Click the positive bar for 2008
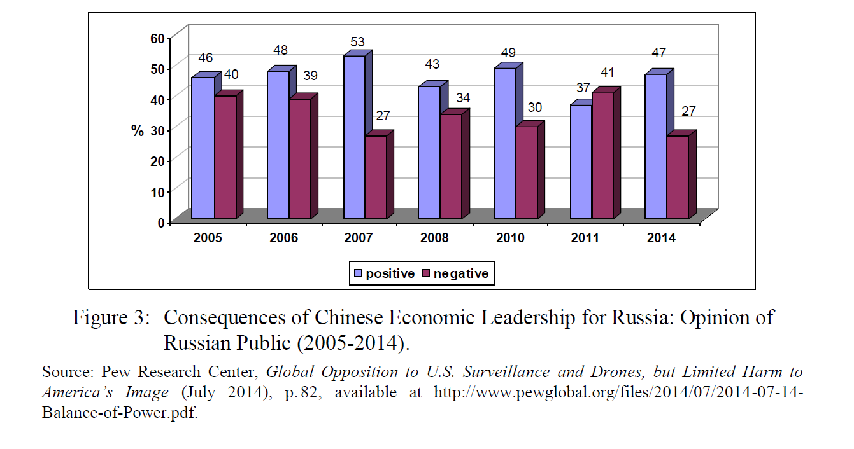(429, 153)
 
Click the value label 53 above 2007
(357, 42)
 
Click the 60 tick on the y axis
(157, 38)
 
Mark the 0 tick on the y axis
(161, 223)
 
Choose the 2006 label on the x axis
(283, 238)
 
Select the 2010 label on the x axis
(509, 238)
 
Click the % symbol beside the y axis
(138, 131)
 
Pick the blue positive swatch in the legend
(359, 274)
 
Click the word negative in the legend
(461, 274)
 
